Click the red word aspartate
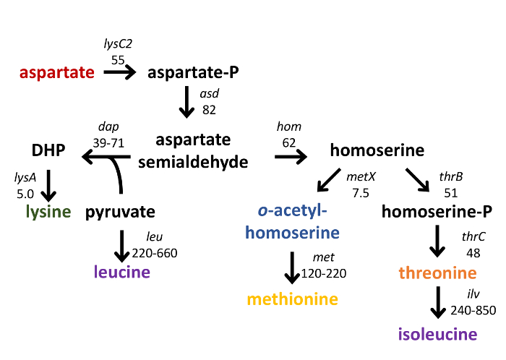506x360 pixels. click(57, 72)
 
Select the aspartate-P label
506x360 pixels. click(193, 72)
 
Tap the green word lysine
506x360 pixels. click(48, 212)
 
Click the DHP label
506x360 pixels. click(48, 150)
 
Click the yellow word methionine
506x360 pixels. click(293, 299)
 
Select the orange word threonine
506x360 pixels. click(437, 273)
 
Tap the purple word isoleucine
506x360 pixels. click(437, 334)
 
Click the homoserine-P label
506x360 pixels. click(437, 212)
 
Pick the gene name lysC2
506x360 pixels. click(118, 46)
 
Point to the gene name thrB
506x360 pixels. click(450, 178)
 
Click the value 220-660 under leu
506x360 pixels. click(155, 252)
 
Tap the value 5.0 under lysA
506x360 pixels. click(25, 193)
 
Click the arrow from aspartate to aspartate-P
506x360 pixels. click(119, 72)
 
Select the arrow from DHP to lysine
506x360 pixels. click(48, 185)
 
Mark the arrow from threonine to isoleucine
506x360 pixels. click(437, 302)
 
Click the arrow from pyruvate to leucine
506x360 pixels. click(121, 246)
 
